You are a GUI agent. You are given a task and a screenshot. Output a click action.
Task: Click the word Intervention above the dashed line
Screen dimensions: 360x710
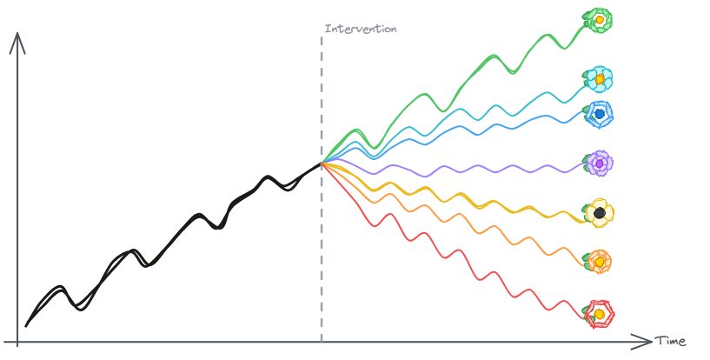point(361,29)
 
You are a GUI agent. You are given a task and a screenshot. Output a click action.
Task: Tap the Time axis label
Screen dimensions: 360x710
point(670,341)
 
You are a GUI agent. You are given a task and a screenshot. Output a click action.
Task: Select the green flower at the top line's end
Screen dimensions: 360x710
point(598,19)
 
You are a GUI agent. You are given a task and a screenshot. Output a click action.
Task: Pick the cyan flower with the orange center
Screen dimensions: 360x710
point(598,79)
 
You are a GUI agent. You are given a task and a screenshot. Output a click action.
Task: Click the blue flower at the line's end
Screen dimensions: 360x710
point(599,113)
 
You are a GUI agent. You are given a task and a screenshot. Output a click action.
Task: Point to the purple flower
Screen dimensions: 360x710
point(600,163)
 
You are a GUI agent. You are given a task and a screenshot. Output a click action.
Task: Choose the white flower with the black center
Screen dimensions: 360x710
point(599,213)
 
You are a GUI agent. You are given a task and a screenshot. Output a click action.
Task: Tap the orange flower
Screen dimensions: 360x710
point(599,261)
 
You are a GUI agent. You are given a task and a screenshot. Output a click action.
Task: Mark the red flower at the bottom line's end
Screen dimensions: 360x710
point(599,312)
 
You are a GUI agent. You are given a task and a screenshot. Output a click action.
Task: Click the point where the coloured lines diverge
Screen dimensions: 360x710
point(322,163)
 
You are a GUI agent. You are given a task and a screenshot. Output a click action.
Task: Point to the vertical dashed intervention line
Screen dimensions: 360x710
point(322,261)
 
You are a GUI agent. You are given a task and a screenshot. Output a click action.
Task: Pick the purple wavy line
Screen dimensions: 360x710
point(452,167)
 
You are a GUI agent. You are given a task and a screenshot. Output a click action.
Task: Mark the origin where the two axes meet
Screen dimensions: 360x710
point(17,341)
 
